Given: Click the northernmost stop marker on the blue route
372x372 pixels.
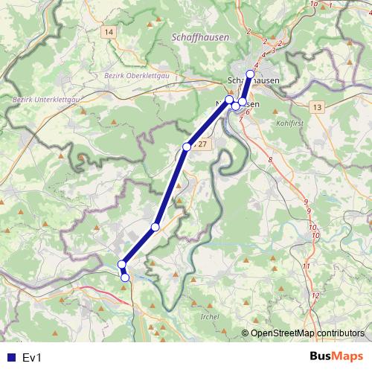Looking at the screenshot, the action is coord(251,74).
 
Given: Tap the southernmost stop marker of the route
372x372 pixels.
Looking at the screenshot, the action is coord(125,278).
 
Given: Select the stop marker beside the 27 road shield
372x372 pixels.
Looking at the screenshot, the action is coord(187,147).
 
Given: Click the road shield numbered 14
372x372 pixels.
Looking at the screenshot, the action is coord(109,32).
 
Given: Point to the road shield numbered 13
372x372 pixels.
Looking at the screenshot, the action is coord(318,108).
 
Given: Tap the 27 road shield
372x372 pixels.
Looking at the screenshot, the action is coord(202,144).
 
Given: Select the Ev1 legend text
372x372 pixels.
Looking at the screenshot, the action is coord(31,358).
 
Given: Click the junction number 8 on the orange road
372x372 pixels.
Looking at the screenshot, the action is coord(270,160).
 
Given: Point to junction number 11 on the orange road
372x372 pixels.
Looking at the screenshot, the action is coord(306,266).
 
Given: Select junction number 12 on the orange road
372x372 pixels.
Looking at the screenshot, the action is coord(315,296).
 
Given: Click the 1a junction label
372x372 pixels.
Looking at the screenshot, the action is coord(313,4).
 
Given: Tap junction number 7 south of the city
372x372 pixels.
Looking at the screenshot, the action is coord(240,119).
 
